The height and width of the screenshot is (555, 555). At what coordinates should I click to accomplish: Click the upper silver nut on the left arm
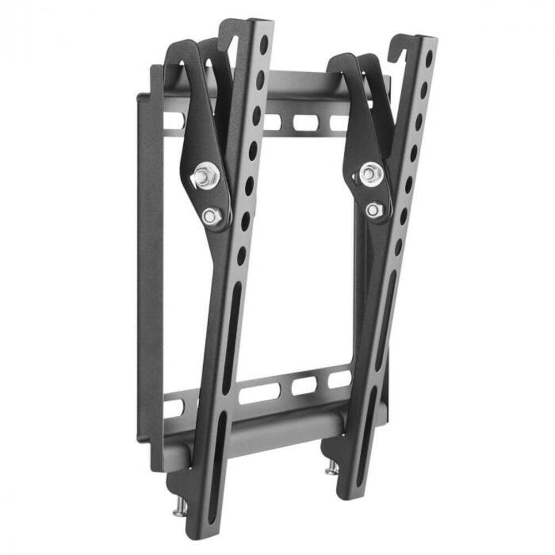tap(206, 175)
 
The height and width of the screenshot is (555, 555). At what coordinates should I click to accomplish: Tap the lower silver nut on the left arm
tap(212, 216)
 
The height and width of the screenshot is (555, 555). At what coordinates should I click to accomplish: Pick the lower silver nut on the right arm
tap(375, 210)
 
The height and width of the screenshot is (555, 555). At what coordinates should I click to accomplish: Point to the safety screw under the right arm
tap(331, 467)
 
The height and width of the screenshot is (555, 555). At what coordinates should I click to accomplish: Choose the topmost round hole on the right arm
tap(429, 57)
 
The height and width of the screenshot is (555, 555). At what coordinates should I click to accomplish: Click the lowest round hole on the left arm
tap(241, 256)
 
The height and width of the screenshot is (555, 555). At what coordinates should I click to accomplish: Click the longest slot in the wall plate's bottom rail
tap(259, 393)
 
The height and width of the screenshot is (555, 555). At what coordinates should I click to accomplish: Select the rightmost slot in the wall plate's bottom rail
tap(340, 379)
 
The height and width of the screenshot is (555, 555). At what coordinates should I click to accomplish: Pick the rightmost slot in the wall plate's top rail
tap(339, 123)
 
